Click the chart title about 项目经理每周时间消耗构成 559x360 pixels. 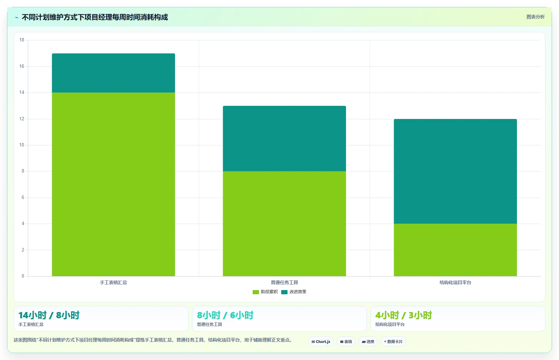pos(95,17)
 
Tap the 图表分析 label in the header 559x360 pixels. pos(535,17)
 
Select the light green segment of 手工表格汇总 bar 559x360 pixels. pos(113,184)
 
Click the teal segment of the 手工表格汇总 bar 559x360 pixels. pos(113,73)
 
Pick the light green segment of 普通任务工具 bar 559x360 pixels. pos(284,224)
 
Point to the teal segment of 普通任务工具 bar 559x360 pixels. pos(284,139)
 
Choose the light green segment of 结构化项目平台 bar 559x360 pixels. pos(455,250)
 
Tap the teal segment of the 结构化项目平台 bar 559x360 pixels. pos(455,171)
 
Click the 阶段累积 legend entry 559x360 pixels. pos(265,292)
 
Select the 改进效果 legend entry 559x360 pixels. pos(294,292)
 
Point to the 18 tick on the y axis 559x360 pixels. pos(22,40)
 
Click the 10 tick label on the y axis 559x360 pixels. pos(22,145)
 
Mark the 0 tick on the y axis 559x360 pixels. pos(23,276)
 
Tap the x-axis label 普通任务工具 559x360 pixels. pos(284,282)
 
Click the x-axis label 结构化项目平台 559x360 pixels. pos(455,282)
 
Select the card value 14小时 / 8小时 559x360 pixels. pos(49,315)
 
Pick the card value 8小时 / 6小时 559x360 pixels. pos(225,315)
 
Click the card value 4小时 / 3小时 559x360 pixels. pos(403,315)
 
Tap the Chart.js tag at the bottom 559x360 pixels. pos(321,342)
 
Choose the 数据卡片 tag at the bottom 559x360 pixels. pos(393,342)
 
